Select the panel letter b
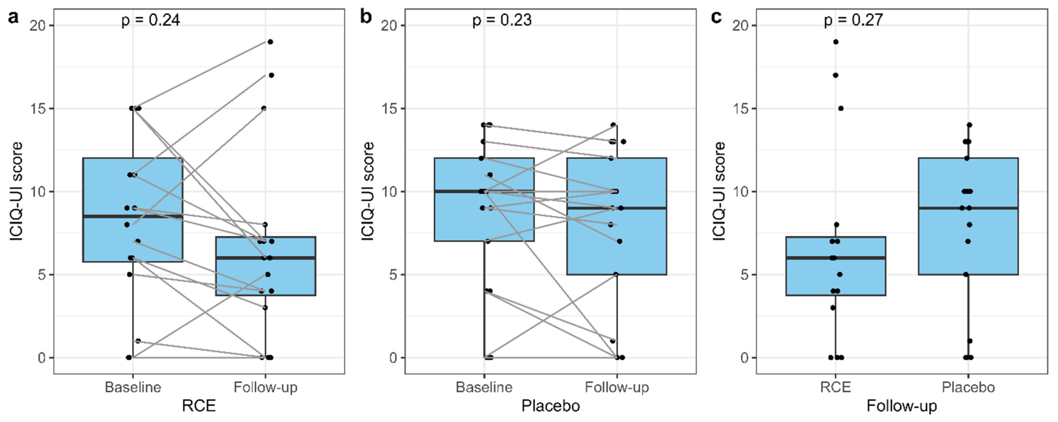click(x=366, y=18)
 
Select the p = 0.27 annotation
click(x=853, y=20)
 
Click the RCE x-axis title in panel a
click(x=199, y=406)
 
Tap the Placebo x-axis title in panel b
click(x=550, y=406)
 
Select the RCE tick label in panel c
click(x=835, y=387)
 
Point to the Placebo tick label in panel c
click(x=968, y=387)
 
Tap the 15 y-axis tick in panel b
click(x=389, y=109)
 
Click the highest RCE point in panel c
click(x=835, y=42)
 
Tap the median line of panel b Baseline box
click(x=484, y=192)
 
